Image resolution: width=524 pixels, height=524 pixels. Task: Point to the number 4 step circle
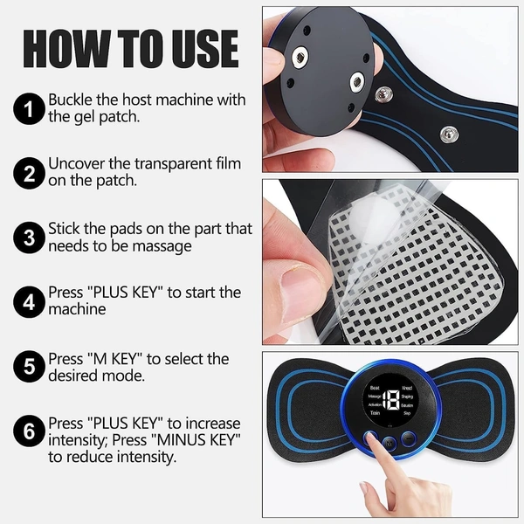click(x=29, y=302)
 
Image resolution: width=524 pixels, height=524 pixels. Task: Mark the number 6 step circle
click(x=29, y=431)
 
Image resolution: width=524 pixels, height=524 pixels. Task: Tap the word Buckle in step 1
click(x=71, y=100)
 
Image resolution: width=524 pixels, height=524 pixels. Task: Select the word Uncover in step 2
click(x=77, y=164)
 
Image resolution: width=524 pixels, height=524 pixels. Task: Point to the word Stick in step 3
click(x=65, y=229)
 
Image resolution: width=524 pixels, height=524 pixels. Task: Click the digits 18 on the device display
click(x=391, y=400)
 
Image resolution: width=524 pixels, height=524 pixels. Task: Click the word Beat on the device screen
click(x=375, y=387)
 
